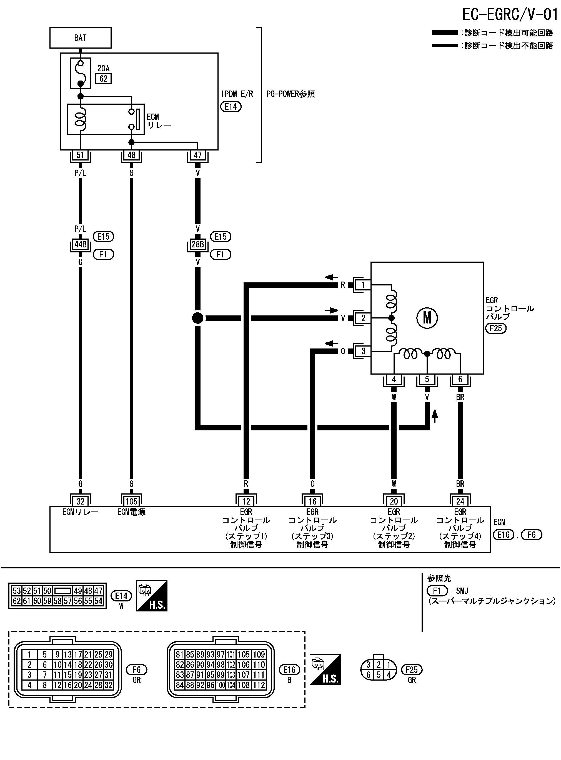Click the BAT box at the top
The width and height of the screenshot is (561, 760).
[80, 38]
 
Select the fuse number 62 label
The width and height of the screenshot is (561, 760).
[103, 79]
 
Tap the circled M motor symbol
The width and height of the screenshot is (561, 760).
[427, 318]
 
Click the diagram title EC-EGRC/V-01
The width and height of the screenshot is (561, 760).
[510, 15]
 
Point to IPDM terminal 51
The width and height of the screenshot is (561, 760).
[80, 155]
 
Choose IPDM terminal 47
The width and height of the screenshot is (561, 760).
[198, 155]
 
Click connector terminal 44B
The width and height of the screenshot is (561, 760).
[81, 244]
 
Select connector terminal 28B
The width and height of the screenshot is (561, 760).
[198, 244]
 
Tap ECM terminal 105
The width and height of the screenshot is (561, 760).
[131, 501]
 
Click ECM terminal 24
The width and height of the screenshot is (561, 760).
[460, 501]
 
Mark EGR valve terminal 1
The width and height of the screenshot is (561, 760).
[363, 285]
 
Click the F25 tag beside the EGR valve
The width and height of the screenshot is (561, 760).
[496, 328]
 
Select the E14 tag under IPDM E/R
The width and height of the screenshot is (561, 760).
[231, 107]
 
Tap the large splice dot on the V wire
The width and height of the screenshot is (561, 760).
[198, 318]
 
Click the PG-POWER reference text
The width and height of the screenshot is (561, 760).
[290, 94]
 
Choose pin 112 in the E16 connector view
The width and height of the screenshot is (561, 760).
[259, 685]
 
